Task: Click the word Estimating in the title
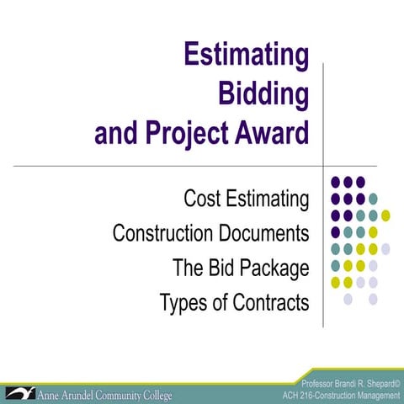click(247, 57)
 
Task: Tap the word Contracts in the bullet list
click(268, 302)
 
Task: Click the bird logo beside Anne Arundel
click(16, 392)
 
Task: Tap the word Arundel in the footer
click(85, 394)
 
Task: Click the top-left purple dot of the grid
click(336, 182)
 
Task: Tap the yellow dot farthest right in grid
click(385, 215)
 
